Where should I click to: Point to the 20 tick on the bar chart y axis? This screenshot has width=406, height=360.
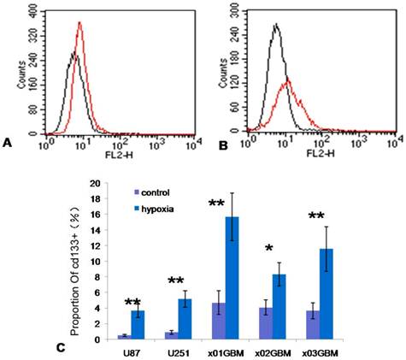[105, 183]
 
